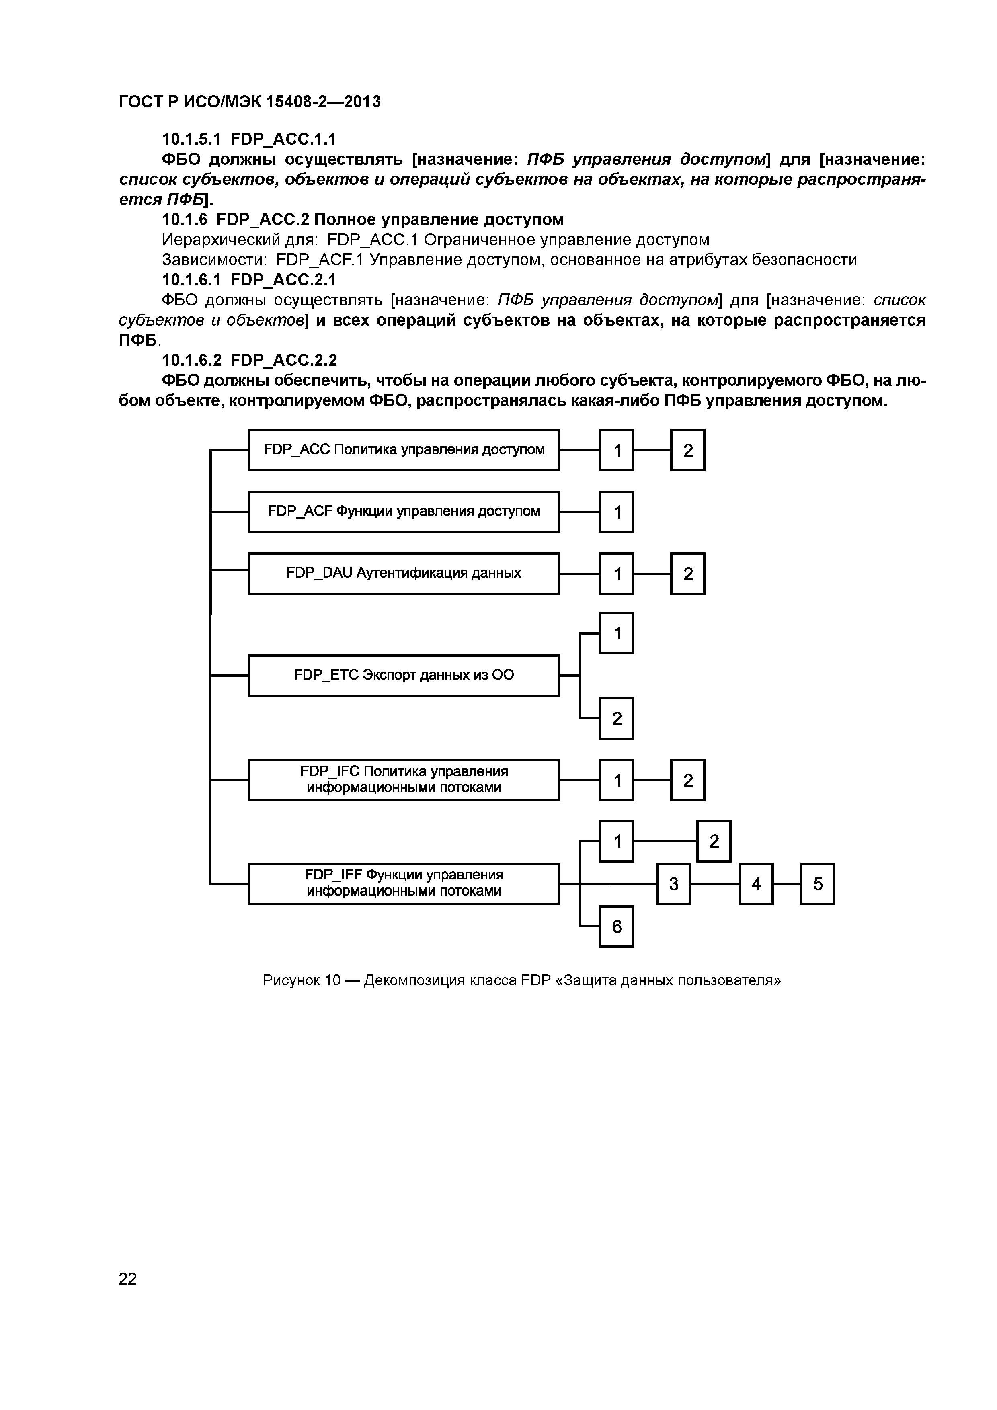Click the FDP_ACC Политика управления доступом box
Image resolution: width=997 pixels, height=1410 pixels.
[x=404, y=450]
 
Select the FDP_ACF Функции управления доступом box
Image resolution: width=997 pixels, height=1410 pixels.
[x=404, y=512]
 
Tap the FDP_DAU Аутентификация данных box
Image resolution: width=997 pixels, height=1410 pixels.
[x=404, y=574]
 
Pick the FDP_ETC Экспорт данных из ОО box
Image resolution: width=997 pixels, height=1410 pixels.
[x=404, y=676]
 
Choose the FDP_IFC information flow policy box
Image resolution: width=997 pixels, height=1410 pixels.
[x=404, y=780]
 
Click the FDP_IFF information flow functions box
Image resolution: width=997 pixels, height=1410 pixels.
[x=404, y=884]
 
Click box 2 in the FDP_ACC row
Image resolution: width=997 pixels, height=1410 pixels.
[x=687, y=450]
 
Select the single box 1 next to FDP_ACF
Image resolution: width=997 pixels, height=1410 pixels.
[x=617, y=512]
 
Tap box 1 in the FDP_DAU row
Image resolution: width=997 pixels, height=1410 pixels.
[x=617, y=574]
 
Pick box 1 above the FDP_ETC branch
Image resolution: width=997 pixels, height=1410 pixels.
[x=617, y=633]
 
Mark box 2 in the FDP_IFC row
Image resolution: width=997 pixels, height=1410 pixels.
[x=687, y=780]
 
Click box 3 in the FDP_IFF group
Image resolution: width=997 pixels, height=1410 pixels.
[x=673, y=884]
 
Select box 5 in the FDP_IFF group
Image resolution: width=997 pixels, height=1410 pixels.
[x=818, y=884]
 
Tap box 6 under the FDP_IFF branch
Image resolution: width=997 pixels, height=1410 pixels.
[x=617, y=926]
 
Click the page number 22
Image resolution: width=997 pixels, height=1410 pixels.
[x=128, y=1279]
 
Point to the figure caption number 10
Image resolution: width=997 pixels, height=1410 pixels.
[x=332, y=980]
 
